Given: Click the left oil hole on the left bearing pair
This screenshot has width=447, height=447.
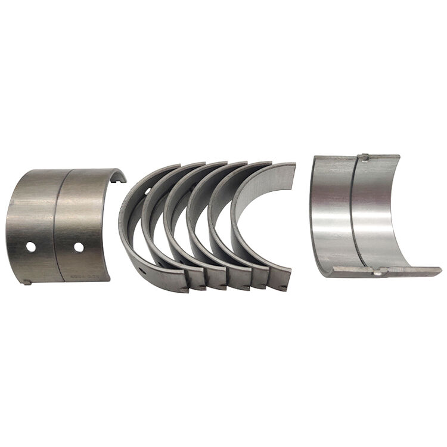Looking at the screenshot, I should click(30, 246).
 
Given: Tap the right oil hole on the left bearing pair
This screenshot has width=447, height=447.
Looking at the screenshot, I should click(78, 247).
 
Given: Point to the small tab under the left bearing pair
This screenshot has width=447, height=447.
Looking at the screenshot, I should click(27, 282).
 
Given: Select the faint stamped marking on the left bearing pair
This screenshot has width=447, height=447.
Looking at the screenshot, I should click(94, 276).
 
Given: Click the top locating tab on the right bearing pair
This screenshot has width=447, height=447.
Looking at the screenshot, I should click(362, 157).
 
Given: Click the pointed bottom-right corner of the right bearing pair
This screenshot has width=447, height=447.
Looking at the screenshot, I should click(439, 270).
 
